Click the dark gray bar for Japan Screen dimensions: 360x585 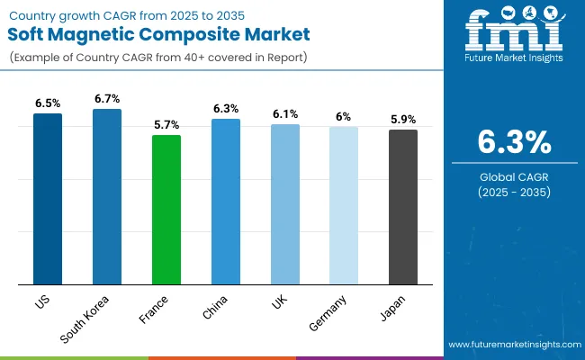403,207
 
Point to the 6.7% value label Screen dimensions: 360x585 107,98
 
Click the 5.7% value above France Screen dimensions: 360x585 166,124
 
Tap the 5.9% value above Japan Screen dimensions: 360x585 403,119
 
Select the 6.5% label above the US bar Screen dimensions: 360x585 48,103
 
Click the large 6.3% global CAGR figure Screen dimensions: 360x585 514,143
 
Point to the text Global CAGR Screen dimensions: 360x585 514,175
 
